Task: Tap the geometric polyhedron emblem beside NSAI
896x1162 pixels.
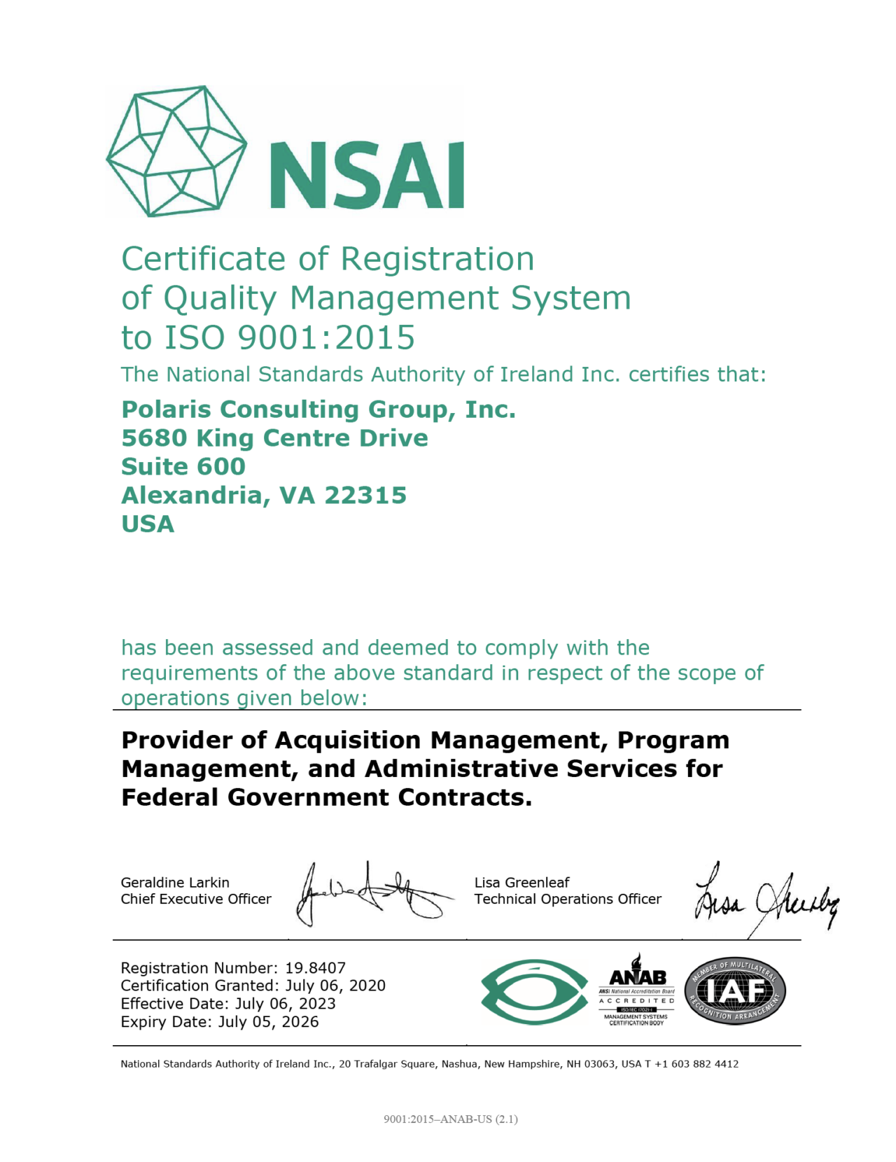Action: [x=176, y=151]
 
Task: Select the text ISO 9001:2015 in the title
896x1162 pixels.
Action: [x=289, y=337]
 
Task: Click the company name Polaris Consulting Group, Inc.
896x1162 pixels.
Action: [x=318, y=409]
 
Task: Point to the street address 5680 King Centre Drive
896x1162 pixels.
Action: [x=274, y=438]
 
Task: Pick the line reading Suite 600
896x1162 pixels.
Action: [x=183, y=467]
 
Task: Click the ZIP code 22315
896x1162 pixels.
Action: [x=365, y=496]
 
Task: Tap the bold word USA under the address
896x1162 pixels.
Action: [x=148, y=524]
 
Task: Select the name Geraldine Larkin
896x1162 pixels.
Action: [x=175, y=883]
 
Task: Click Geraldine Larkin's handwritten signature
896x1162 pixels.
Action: [x=371, y=893]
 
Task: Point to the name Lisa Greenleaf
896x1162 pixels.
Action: [x=521, y=883]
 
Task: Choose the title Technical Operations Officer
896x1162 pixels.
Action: [x=568, y=899]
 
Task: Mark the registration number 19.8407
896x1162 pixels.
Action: [x=315, y=968]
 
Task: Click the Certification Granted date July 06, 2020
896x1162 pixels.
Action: [x=335, y=986]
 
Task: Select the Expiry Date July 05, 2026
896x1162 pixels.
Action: [x=268, y=1022]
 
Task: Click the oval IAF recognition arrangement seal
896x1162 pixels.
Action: [x=735, y=992]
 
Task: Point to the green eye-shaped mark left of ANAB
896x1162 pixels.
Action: [x=534, y=992]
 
